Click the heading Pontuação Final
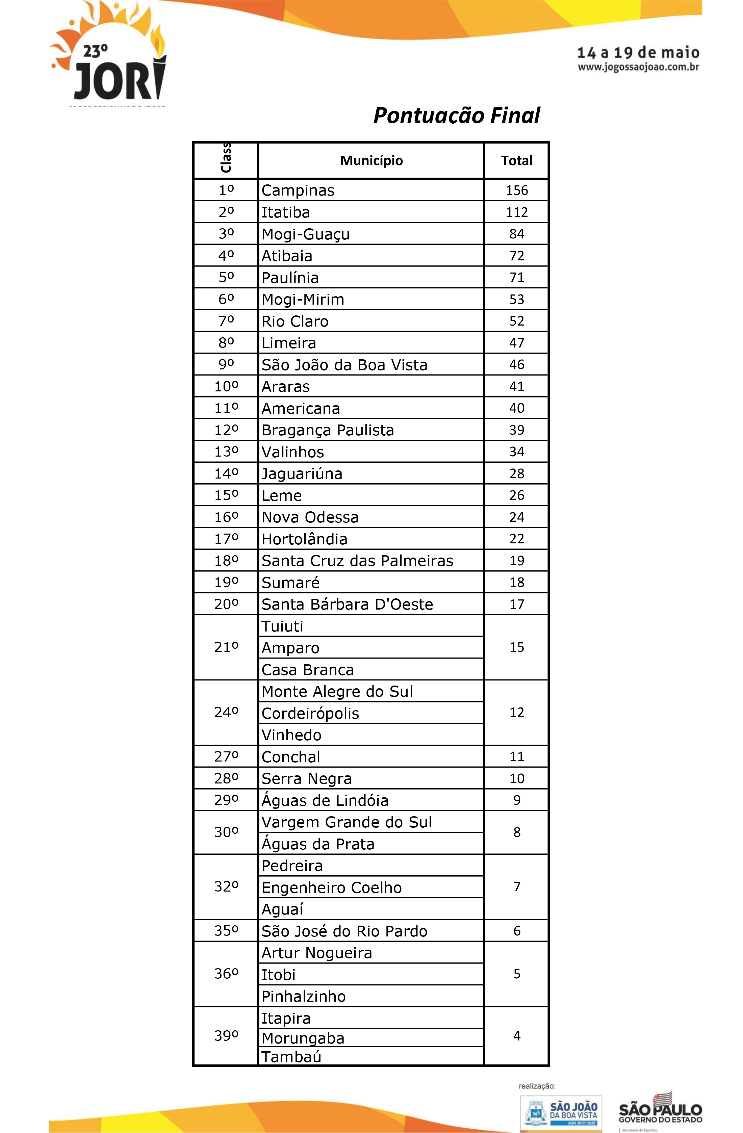point(456,115)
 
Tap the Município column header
point(371,161)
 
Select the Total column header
point(516,161)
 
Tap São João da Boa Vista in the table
point(344,365)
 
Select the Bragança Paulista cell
point(328,430)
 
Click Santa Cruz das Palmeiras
point(357,561)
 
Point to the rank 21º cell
point(226,647)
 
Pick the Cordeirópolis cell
point(310,713)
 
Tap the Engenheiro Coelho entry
point(331,887)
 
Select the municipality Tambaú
point(291,1057)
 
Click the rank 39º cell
point(226,1036)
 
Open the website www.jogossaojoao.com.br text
point(638,67)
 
